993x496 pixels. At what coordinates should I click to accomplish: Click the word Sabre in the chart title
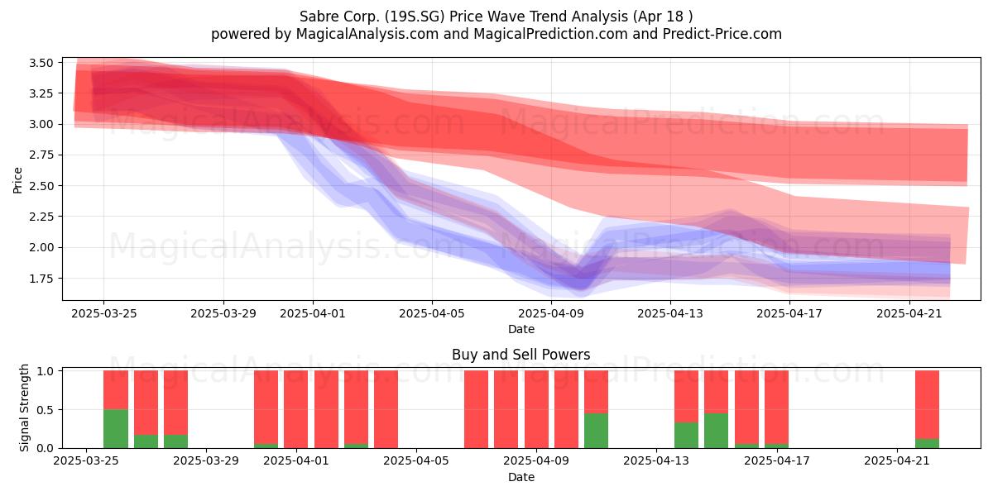tap(316, 17)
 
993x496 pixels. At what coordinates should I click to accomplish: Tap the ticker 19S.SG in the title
tap(414, 17)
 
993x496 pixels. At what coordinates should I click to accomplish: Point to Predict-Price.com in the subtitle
tap(722, 34)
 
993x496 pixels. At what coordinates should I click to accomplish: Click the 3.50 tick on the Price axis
tap(41, 63)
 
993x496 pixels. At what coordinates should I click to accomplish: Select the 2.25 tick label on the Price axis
tap(41, 217)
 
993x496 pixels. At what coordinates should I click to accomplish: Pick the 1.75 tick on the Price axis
tap(41, 279)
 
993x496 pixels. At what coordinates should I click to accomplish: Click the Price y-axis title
tap(17, 180)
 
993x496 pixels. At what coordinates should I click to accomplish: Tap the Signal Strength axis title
tap(24, 408)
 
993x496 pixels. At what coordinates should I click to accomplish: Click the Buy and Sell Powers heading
tap(520, 355)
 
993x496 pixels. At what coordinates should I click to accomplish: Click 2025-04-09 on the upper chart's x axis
tap(551, 313)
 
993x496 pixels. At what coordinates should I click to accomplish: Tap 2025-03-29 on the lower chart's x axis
tap(206, 461)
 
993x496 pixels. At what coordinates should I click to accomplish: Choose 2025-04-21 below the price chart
tap(909, 313)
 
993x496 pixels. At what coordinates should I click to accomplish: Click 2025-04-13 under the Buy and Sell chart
tap(656, 461)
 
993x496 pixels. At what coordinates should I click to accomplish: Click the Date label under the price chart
tap(520, 330)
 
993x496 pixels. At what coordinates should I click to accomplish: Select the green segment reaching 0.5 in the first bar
tap(116, 429)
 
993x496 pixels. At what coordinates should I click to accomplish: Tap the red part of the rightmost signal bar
tap(927, 405)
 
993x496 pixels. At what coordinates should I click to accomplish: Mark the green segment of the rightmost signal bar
tap(927, 443)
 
